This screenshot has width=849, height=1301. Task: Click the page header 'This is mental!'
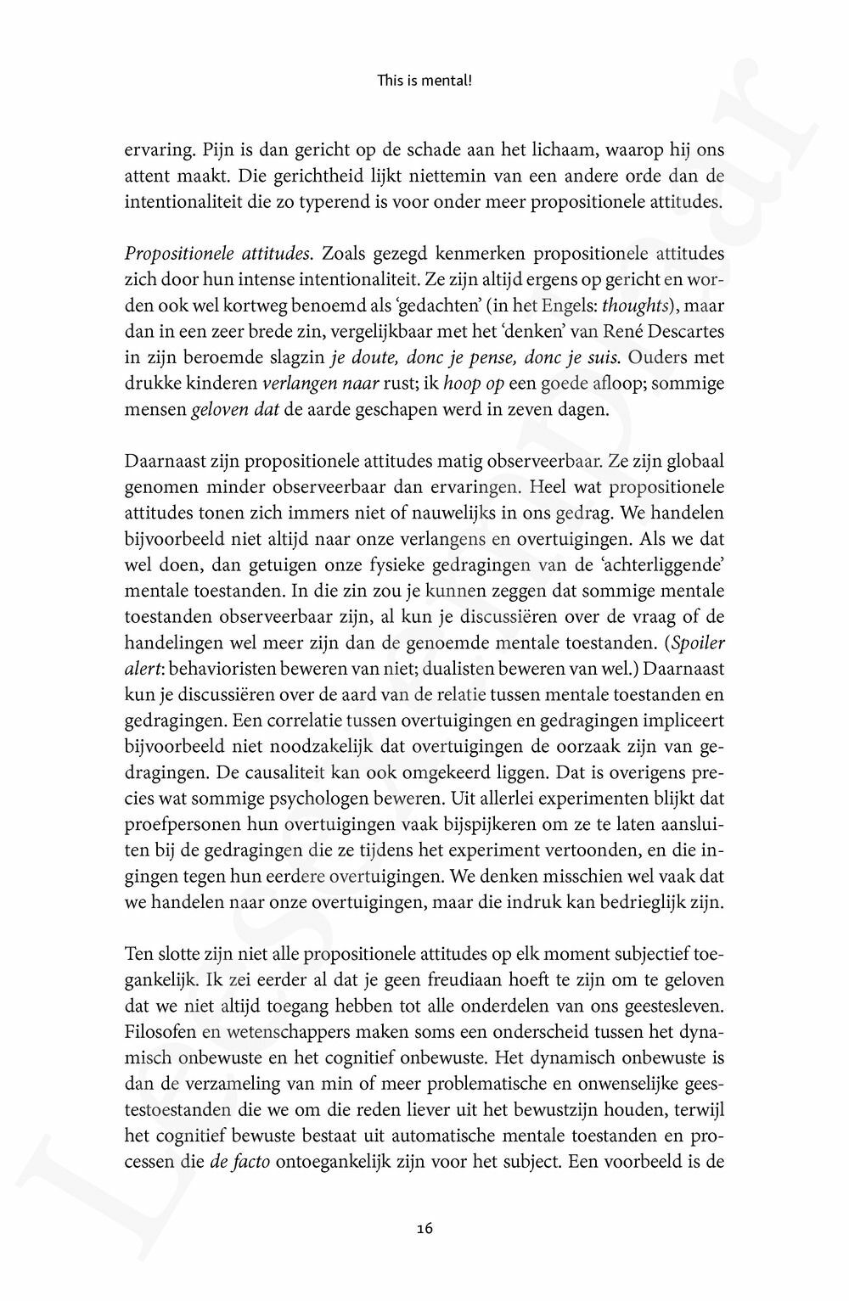[x=424, y=81]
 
